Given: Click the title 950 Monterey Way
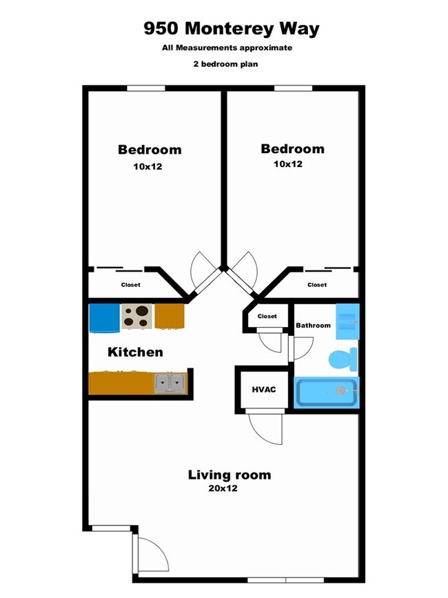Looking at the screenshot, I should pyautogui.click(x=232, y=29).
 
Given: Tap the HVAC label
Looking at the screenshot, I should pyautogui.click(x=263, y=390).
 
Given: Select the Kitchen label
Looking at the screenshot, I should pyautogui.click(x=135, y=352).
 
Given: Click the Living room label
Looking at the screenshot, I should pyautogui.click(x=230, y=475).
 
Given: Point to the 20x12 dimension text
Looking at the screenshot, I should pyautogui.click(x=222, y=488).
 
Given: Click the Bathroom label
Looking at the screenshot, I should pyautogui.click(x=313, y=326).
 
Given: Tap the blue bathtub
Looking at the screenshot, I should pyautogui.click(x=327, y=392).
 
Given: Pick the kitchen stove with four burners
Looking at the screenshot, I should pyautogui.click(x=137, y=316).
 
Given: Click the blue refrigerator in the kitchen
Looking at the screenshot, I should pyautogui.click(x=104, y=317).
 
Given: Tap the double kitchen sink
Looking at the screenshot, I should pyautogui.click(x=169, y=383).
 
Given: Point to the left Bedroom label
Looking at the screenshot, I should pyautogui.click(x=150, y=150).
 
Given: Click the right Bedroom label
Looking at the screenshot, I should pyautogui.click(x=292, y=149).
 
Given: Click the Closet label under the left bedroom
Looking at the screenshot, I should pyautogui.click(x=131, y=285).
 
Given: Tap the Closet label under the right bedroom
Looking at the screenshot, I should pyautogui.click(x=317, y=285).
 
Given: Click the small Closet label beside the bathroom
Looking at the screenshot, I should pyautogui.click(x=267, y=317).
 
